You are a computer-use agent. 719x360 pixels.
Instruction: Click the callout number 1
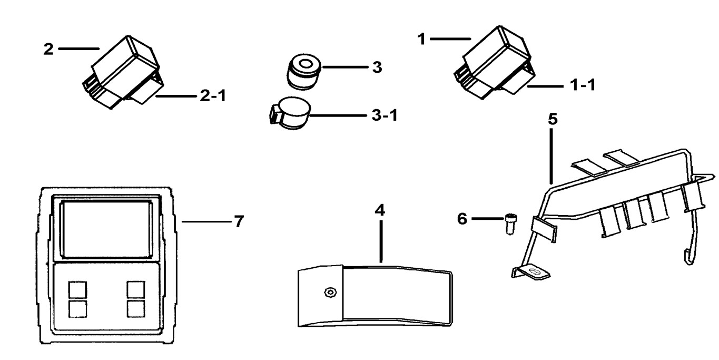(421, 40)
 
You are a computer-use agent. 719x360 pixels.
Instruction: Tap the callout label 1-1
(583, 85)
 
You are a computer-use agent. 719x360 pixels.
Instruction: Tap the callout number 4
(380, 210)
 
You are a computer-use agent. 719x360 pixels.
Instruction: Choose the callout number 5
(552, 119)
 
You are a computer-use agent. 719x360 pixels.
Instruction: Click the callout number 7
(239, 222)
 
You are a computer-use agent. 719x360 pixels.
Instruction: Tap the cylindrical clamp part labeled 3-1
(292, 112)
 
